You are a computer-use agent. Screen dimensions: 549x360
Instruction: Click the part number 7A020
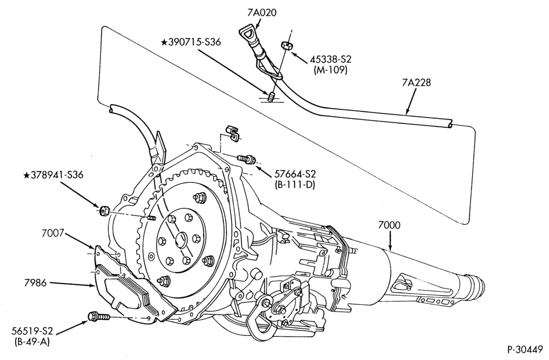[x=262, y=13]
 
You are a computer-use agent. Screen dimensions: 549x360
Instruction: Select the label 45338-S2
[x=330, y=59]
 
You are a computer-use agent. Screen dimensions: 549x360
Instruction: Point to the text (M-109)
[x=330, y=70]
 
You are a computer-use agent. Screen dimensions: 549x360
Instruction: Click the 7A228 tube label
[x=416, y=83]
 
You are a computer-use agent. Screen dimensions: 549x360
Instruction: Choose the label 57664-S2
[x=295, y=173]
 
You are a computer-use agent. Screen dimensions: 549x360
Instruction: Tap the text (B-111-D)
[x=295, y=185]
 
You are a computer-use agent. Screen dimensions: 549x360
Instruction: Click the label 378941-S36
[x=53, y=175]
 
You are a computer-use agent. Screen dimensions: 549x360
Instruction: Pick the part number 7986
[x=35, y=283]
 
